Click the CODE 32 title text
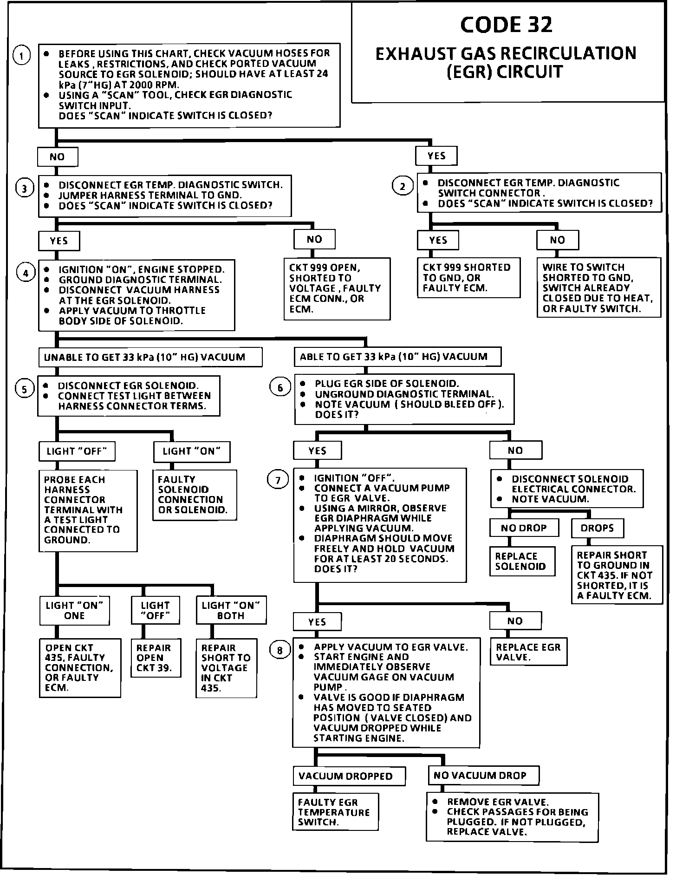[x=506, y=25]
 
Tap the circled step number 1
[x=22, y=55]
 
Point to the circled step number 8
[x=279, y=650]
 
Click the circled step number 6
[x=280, y=387]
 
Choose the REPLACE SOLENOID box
[x=522, y=561]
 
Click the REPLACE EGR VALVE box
[x=528, y=652]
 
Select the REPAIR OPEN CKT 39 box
[x=156, y=658]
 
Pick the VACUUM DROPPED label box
[x=349, y=776]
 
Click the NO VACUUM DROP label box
[x=483, y=775]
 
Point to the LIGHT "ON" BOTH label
[x=231, y=610]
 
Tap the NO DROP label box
[x=524, y=528]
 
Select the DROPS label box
[x=597, y=528]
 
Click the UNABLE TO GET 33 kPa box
[x=149, y=357]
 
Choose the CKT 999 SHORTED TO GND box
[x=468, y=278]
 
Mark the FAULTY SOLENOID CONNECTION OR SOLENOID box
[x=195, y=495]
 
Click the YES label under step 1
[x=436, y=156]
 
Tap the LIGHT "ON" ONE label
[x=74, y=610]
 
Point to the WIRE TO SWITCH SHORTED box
[x=598, y=288]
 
